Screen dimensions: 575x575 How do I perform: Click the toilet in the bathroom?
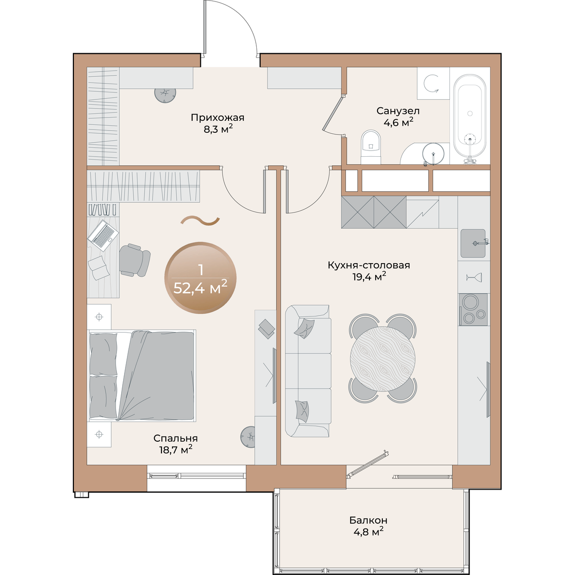[x=370, y=147]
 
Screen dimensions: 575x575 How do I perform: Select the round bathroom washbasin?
[x=433, y=154]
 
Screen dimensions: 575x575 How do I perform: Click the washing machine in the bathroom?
[x=433, y=83]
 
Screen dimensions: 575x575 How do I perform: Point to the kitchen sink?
[x=473, y=243]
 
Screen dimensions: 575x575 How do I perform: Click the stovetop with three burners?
[x=473, y=310]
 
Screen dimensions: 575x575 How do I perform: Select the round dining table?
[x=383, y=358]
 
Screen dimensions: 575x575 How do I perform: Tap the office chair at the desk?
[x=135, y=260]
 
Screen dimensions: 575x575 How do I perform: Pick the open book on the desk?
[x=97, y=268]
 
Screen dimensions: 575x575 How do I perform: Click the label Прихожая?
[x=218, y=117]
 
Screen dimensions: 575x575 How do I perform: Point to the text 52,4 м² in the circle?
[x=200, y=288]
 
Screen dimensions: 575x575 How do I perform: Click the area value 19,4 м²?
[x=369, y=276]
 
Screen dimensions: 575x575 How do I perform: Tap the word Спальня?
[x=175, y=438]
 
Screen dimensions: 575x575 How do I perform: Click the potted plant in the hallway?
[x=165, y=94]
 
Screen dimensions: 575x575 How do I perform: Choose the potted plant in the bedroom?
[x=248, y=437]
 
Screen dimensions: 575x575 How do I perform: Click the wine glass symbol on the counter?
[x=474, y=277]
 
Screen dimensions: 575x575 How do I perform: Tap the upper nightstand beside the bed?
[x=99, y=317]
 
